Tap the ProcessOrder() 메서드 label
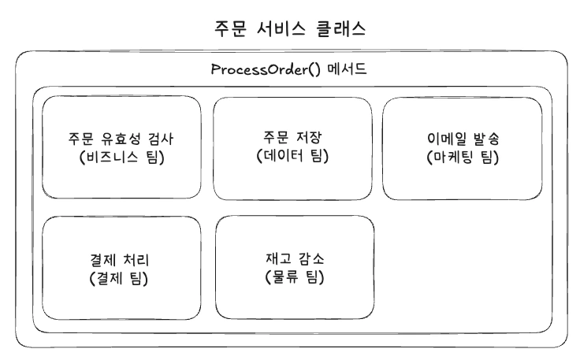click(x=289, y=69)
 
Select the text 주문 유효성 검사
click(x=121, y=138)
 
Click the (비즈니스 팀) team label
click(x=121, y=156)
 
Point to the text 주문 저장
click(x=292, y=138)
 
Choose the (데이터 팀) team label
click(x=292, y=156)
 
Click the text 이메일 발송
click(x=462, y=138)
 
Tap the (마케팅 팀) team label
click(x=462, y=156)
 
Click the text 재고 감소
click(x=293, y=259)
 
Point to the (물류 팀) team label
click(x=293, y=277)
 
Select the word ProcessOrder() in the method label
click(x=264, y=69)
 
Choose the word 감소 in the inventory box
click(x=309, y=259)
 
